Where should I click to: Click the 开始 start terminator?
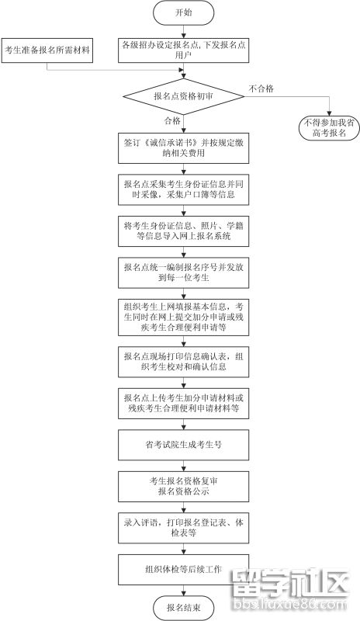click(183, 12)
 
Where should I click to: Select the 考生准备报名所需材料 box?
click(47, 50)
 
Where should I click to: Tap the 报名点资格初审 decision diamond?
click(183, 96)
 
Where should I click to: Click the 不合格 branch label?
click(261, 88)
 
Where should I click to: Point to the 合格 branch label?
click(172, 121)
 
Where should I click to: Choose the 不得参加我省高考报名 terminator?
click(330, 128)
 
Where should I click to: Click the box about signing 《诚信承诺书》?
click(183, 148)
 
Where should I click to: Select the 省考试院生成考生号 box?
click(183, 445)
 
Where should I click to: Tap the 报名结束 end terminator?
click(183, 608)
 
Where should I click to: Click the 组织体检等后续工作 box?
click(183, 570)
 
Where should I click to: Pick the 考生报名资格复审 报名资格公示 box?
click(183, 487)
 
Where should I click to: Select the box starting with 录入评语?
click(183, 528)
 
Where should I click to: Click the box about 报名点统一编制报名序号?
click(183, 272)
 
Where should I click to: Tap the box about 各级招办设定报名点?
click(183, 50)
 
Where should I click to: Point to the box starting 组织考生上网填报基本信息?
click(183, 317)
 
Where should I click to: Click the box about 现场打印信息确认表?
click(183, 362)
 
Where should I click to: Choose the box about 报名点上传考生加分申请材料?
click(183, 403)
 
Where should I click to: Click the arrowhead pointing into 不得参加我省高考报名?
click(330, 113)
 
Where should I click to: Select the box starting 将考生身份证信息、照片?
click(183, 231)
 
